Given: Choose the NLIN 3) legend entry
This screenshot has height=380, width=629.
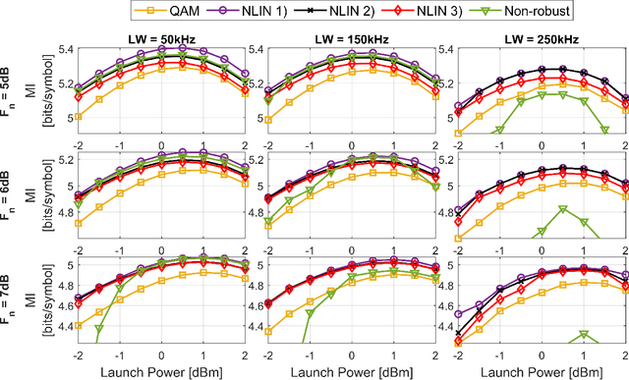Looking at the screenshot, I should click(x=437, y=11).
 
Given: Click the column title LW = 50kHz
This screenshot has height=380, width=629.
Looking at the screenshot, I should click(x=162, y=36).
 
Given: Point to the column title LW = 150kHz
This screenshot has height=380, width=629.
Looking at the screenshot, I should click(x=351, y=36).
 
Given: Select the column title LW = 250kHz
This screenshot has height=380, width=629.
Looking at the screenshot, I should click(x=541, y=36).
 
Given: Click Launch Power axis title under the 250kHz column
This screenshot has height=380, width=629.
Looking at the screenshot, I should click(x=541, y=370).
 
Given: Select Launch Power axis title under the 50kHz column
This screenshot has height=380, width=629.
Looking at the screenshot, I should click(x=162, y=370).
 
